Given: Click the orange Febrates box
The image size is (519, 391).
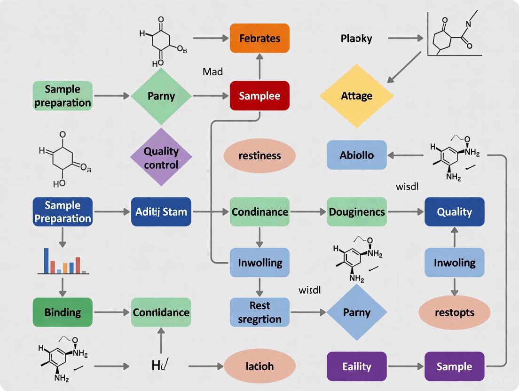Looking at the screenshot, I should pos(259,38).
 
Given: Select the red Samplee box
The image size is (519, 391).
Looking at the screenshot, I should pos(259,96).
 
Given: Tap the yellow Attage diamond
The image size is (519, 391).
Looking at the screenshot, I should pos(356,96).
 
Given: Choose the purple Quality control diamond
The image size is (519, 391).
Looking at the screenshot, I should pos(161,157).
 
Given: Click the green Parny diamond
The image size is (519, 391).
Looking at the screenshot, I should pos(161,96).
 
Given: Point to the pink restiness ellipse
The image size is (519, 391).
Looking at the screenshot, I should pos(259,156).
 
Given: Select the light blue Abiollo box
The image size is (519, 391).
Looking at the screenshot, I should pos(356,155).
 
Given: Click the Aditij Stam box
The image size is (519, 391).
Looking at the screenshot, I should pos(161,212).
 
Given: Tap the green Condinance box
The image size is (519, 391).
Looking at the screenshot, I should pos(259,212).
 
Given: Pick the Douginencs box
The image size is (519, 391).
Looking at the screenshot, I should pos(356,212).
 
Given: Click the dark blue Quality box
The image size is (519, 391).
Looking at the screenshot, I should pos(454,212).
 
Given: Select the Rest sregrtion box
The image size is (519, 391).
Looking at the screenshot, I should pos(259,312).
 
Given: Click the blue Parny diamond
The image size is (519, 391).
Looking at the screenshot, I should pos(356,312).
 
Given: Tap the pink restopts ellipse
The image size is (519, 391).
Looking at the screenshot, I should pos(454,312).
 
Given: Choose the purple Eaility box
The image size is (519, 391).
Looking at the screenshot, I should pos(356,366).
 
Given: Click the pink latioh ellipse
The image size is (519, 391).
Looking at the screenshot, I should pos(259,366).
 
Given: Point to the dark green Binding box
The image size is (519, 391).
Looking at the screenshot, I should pos(63,312).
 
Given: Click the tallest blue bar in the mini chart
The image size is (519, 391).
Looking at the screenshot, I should pos(47,261).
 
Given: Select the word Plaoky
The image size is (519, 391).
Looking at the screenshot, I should pos(356,39).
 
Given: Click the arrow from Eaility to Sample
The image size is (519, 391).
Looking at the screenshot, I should pos(405,366).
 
